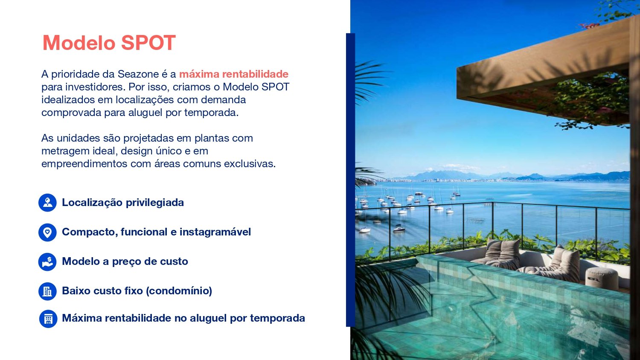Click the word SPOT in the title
[148, 43]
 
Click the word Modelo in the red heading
[79, 43]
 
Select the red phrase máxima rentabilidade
[234, 74]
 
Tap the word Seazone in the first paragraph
[138, 74]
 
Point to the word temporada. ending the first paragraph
[211, 113]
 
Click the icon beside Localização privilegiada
[47, 203]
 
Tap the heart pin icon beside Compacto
[47, 232]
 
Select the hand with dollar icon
[47, 262]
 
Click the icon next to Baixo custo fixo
[47, 291]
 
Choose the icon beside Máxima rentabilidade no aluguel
[48, 319]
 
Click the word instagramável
[215, 232]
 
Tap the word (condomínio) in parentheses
[179, 291]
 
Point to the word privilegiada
[155, 203]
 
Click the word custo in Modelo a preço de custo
[174, 261]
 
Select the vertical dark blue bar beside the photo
[350, 180]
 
